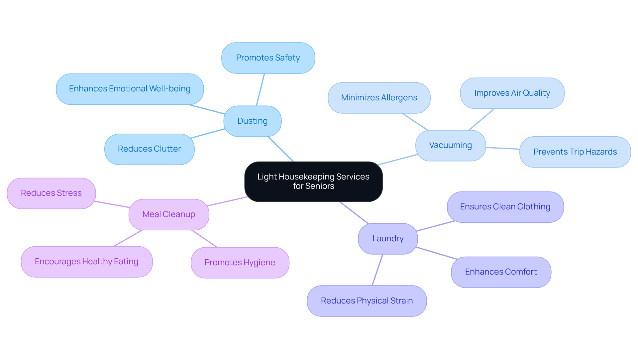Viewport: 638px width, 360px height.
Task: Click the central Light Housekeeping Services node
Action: [313, 181]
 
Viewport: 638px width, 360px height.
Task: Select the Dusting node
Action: [253, 121]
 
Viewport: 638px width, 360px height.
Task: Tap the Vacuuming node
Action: [450, 146]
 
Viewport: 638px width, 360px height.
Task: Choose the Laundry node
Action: [388, 239]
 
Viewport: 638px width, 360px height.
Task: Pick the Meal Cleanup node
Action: [169, 214]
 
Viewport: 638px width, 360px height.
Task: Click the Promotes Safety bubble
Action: [268, 58]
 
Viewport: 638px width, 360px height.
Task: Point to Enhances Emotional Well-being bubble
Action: [130, 89]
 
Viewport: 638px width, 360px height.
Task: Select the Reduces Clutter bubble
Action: [149, 149]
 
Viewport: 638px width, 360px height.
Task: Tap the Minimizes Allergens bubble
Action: [379, 98]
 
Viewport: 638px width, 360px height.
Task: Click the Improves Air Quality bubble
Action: [512, 93]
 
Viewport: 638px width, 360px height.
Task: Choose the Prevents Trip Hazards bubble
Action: [575, 152]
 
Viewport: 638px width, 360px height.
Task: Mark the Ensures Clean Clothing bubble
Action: [505, 207]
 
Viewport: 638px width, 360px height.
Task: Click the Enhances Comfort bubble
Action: [501, 272]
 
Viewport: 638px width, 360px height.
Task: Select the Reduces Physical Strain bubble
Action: [367, 301]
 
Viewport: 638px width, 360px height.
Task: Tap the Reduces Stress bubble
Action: [51, 193]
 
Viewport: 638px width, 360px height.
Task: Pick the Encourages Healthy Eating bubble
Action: [86, 262]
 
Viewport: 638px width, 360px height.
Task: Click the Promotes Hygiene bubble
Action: [240, 263]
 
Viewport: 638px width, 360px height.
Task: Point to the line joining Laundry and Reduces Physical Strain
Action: [377, 270]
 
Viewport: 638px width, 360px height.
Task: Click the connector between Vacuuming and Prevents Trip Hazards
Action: [502, 148]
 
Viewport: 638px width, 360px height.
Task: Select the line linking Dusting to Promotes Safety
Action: [261, 89]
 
